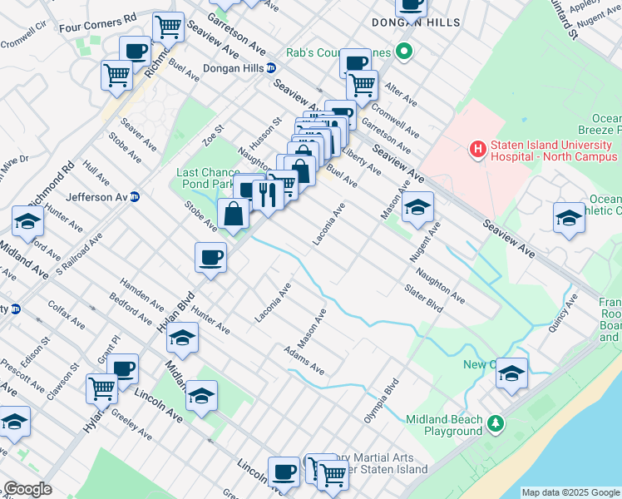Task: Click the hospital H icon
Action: click(x=478, y=150)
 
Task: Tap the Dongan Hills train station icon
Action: click(x=272, y=68)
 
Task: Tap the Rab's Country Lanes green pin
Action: click(x=404, y=52)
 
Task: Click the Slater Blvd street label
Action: click(x=423, y=300)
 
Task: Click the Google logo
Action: click(x=27, y=489)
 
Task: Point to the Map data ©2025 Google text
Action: click(x=570, y=492)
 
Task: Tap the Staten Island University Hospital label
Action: click(x=551, y=151)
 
